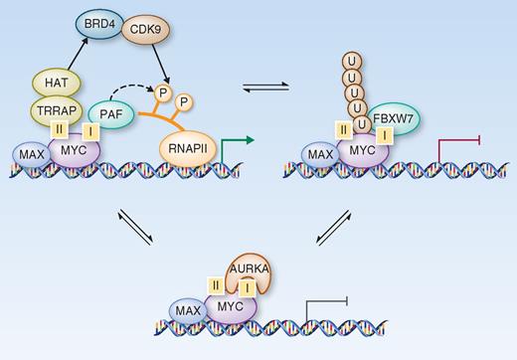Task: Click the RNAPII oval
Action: [x=190, y=149]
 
